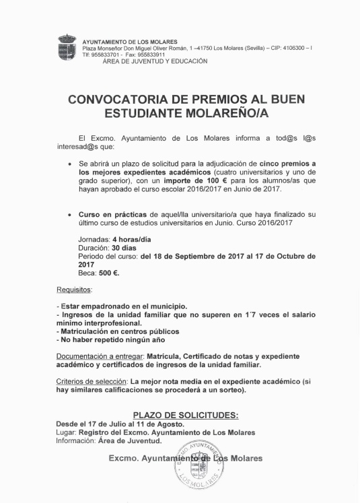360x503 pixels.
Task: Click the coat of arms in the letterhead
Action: (x=67, y=48)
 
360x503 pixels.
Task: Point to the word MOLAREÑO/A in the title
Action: (x=221, y=112)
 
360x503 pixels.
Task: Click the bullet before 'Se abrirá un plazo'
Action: (x=70, y=163)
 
